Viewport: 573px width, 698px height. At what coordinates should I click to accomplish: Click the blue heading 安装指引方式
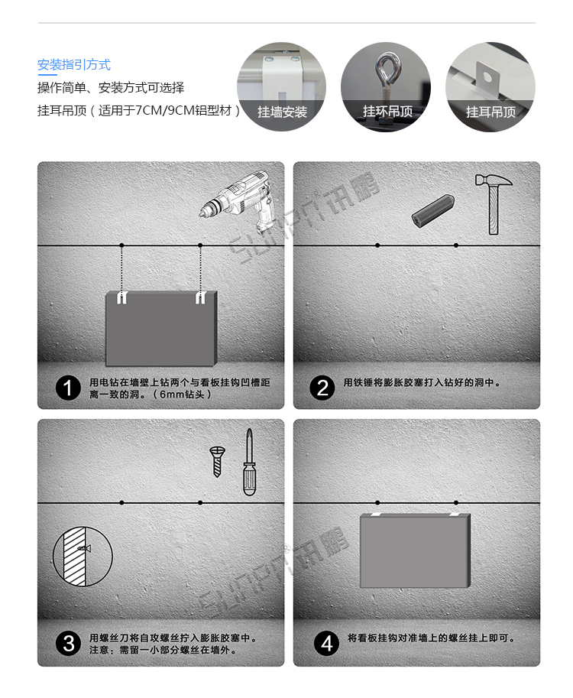point(74,65)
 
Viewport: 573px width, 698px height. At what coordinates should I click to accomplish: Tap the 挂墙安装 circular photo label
point(282,112)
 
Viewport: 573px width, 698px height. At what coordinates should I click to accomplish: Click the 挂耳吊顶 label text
point(490,112)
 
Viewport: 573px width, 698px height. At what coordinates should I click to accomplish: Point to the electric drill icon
point(236,200)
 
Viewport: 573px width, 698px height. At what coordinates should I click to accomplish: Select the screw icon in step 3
point(216,463)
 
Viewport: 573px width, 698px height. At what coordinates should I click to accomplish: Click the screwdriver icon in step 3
point(249,463)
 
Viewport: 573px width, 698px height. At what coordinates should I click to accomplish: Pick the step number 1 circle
point(68,388)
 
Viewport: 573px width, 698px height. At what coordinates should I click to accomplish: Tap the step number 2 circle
point(322,388)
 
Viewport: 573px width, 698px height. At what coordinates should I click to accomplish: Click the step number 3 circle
point(68,644)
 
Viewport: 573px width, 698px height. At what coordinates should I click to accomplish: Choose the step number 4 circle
point(327,644)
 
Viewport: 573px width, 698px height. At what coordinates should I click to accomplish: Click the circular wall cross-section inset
point(83,556)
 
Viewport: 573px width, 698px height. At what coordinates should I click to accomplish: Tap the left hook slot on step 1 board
point(121,299)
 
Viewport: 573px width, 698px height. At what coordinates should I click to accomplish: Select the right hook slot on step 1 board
point(200,299)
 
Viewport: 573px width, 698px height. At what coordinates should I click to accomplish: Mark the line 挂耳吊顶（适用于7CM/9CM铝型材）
point(139,111)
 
